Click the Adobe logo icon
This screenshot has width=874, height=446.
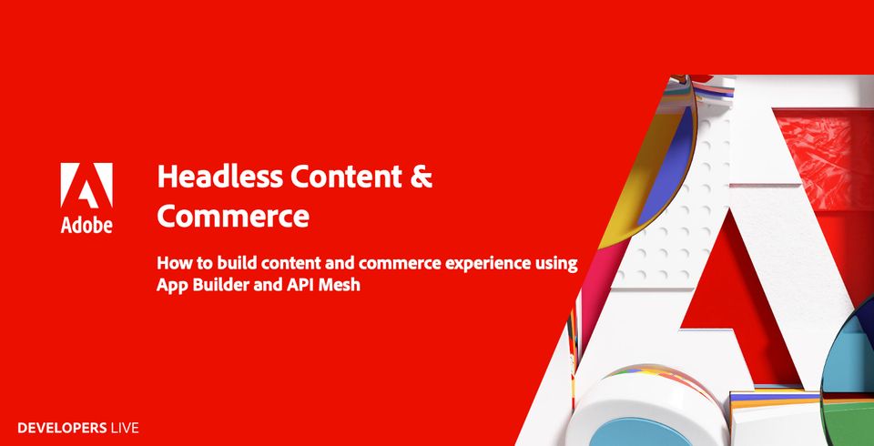(x=86, y=188)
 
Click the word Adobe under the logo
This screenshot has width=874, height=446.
(x=86, y=223)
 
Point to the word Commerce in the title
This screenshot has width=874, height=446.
(x=233, y=217)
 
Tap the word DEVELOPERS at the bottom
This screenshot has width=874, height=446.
(x=60, y=427)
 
